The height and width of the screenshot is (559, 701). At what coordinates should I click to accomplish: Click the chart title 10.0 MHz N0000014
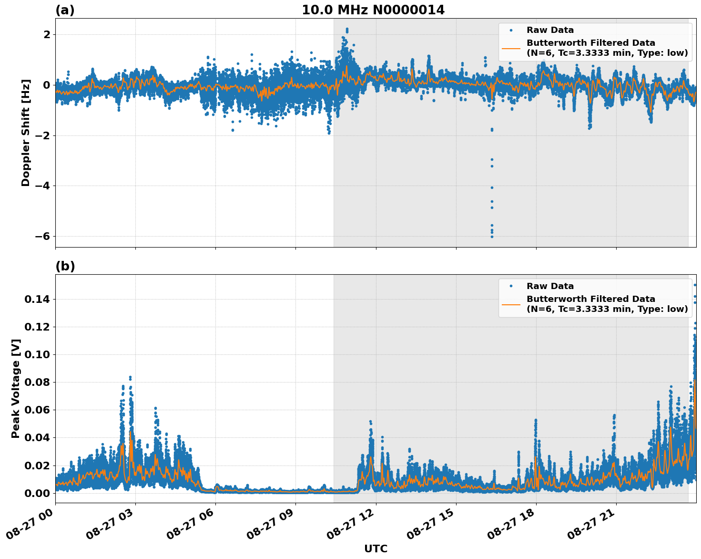pos(373,10)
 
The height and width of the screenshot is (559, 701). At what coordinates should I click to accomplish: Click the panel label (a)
pos(65,10)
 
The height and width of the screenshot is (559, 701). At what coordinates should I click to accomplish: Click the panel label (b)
pos(65,266)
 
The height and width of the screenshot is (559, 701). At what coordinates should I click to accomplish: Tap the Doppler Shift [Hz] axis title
pos(26,133)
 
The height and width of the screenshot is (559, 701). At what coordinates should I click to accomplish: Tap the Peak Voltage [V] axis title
pos(16,388)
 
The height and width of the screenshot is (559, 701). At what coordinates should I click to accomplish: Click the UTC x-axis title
pos(376,549)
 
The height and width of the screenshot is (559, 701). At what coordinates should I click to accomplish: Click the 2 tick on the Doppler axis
pos(47,35)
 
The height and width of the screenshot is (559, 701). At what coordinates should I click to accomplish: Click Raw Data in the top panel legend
pos(550,30)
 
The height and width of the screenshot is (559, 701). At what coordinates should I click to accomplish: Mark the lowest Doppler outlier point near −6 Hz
pos(492,237)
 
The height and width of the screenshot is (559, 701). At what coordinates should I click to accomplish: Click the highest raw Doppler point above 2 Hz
pos(347,29)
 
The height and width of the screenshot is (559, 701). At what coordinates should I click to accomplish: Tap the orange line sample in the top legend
pos(511,48)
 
